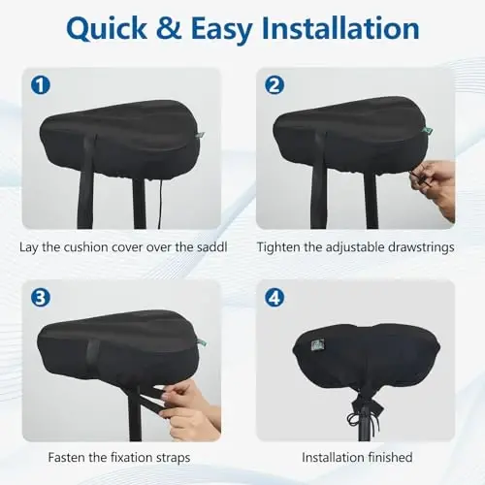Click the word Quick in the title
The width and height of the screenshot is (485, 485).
(x=110, y=31)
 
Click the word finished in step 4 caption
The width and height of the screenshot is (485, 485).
(x=387, y=457)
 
